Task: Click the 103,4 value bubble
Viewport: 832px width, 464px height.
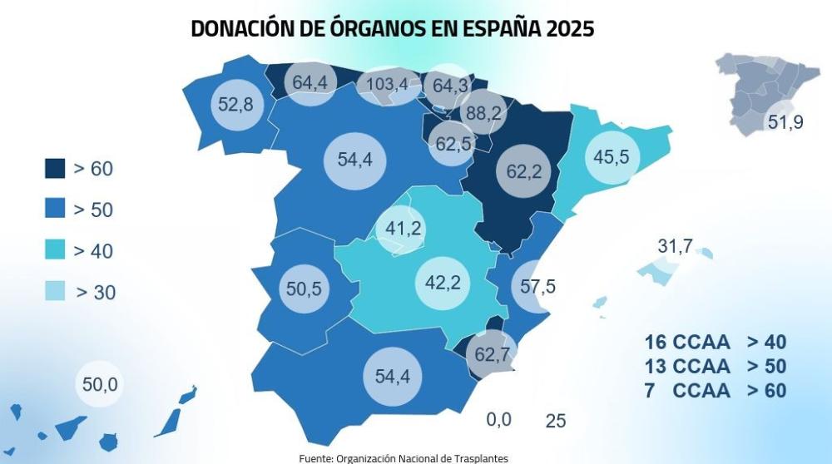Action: point(387,84)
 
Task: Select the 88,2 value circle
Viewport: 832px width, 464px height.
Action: point(483,112)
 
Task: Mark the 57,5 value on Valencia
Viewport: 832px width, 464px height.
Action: point(537,287)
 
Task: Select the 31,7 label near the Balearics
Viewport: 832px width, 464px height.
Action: point(675,246)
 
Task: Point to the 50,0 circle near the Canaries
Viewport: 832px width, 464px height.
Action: point(101,384)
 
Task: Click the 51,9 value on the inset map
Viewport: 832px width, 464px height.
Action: point(785,122)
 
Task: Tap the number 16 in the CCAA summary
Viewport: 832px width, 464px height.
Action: point(655,343)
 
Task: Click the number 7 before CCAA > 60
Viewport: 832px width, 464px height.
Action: point(649,390)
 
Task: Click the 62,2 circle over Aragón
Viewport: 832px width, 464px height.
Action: point(523,172)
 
